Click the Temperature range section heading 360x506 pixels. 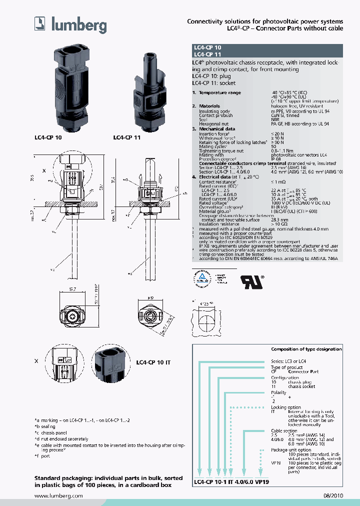219,92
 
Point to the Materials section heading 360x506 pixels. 209,106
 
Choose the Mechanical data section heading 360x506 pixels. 217,129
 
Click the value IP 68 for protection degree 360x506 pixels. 276,159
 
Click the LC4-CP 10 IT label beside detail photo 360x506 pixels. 153,361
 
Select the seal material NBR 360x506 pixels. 275,119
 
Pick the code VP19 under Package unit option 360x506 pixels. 275,463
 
